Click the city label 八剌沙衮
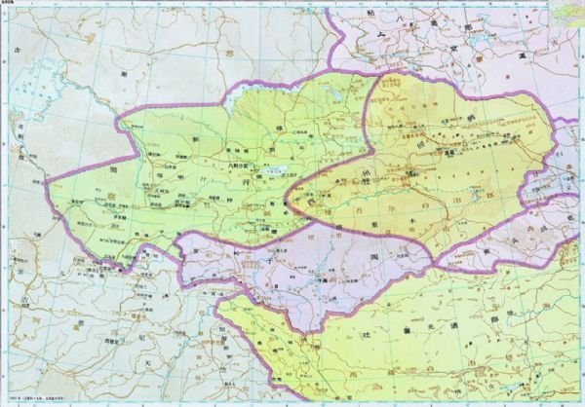tap(238, 166)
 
